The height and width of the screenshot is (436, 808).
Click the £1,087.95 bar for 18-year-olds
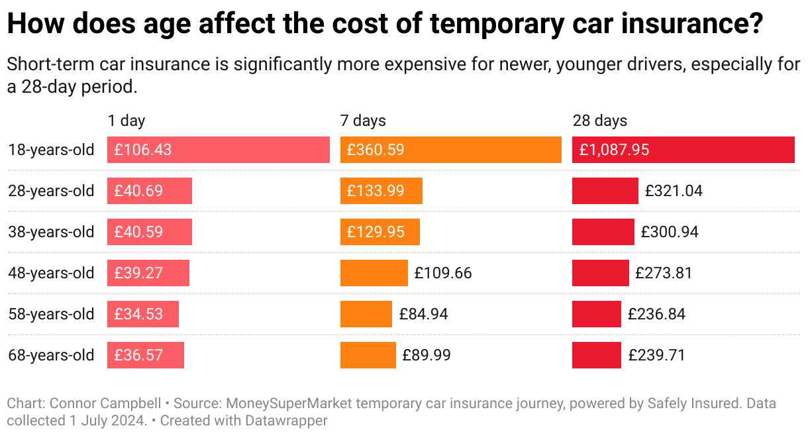[683, 150]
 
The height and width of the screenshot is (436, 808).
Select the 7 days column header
[362, 121]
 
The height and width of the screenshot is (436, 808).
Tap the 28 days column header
[599, 121]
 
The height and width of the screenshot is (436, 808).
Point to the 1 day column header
[126, 121]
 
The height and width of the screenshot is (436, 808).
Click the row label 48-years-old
[51, 273]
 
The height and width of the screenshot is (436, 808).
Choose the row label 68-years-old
[51, 355]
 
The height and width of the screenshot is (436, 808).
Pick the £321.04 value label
[674, 191]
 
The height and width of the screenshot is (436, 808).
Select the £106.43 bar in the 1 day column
[218, 150]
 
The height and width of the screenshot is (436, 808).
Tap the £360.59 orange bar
[450, 150]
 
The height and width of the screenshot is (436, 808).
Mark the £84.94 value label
[423, 314]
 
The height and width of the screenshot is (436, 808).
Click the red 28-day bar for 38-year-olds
[603, 232]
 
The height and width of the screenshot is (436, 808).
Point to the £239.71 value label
[656, 355]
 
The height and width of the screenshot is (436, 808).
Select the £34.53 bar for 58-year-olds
[142, 314]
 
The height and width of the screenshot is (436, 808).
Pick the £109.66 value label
[443, 273]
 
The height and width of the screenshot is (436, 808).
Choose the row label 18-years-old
[51, 150]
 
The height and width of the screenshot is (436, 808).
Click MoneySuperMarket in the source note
[283, 404]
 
